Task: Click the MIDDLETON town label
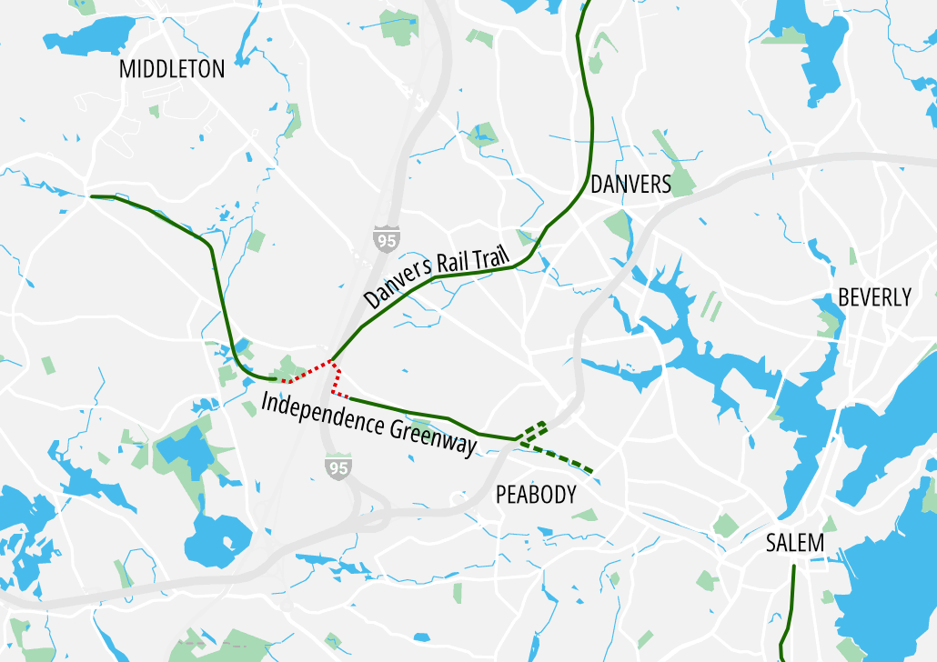172,69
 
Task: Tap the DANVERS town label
630,185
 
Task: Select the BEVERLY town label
874,297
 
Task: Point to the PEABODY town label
536,495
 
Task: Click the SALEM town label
794,544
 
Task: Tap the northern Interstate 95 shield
386,239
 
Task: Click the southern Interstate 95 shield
338,467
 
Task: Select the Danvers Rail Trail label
436,270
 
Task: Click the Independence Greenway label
368,423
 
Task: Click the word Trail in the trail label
490,258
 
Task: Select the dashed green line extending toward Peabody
559,458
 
